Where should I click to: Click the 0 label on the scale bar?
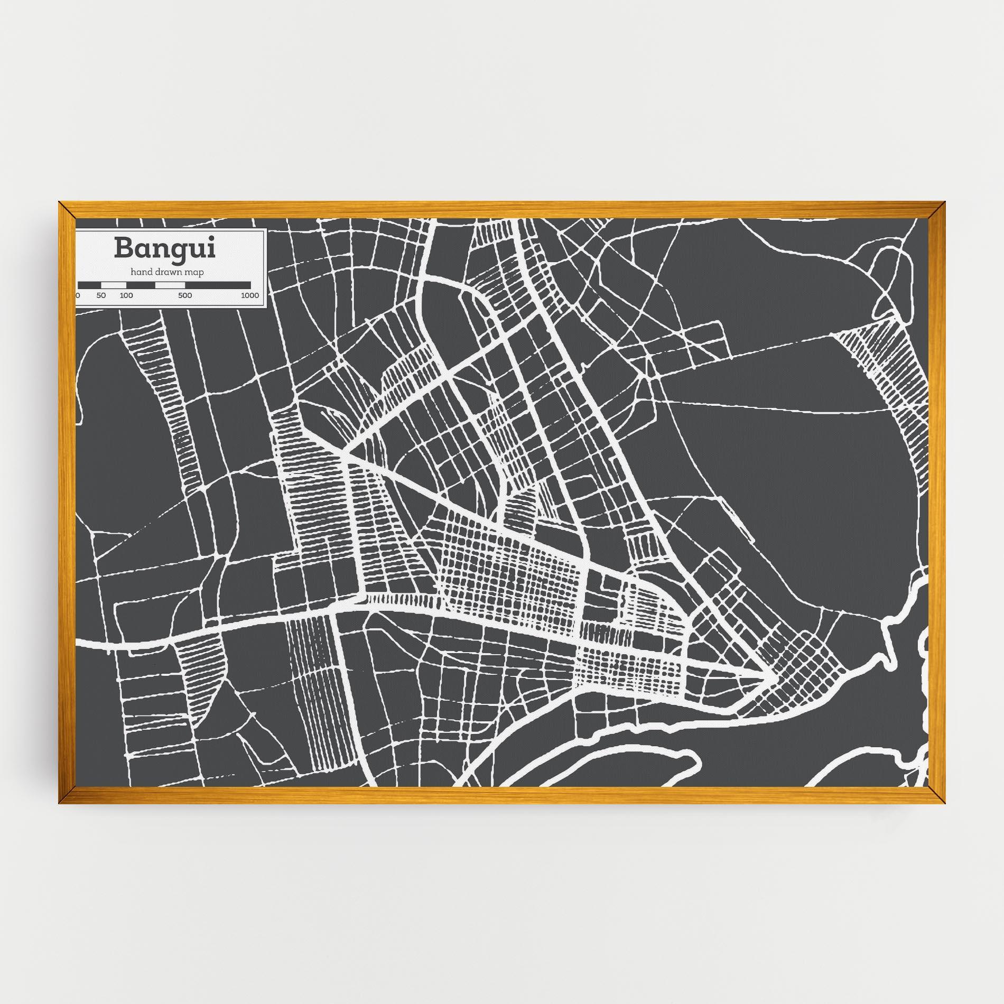pos(78,295)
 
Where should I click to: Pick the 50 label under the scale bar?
pos(101,295)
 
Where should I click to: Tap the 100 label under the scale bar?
pos(126,295)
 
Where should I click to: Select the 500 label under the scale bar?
pos(184,295)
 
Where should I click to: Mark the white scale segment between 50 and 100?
pos(114,285)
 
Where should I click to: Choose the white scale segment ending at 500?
pos(170,285)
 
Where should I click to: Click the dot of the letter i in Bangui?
pos(211,239)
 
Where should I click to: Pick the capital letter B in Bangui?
pos(123,248)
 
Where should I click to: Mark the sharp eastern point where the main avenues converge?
pos(766,674)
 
